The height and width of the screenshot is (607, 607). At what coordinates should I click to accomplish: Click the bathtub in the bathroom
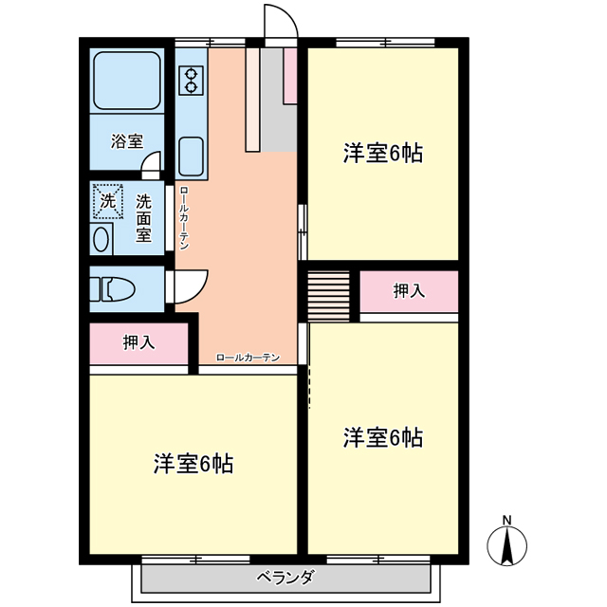[x=127, y=81]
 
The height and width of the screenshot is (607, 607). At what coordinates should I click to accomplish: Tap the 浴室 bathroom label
[x=127, y=141]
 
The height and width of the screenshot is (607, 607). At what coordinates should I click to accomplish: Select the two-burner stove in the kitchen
[x=192, y=81]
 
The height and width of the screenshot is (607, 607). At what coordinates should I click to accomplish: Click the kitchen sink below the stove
[x=192, y=156]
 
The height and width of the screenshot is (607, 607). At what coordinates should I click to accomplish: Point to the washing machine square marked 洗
[x=108, y=201]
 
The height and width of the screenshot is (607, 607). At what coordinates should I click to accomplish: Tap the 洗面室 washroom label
[x=143, y=218]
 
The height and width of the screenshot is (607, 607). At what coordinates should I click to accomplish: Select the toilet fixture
[x=112, y=288]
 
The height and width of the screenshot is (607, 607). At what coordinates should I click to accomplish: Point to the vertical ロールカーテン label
[x=184, y=218]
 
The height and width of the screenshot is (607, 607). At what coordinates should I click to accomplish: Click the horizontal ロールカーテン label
[x=248, y=358]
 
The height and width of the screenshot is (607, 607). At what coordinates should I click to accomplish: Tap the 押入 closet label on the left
[x=139, y=342]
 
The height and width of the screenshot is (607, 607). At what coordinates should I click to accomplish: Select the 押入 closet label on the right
[x=409, y=291]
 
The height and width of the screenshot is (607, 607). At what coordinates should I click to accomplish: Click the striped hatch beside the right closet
[x=329, y=295]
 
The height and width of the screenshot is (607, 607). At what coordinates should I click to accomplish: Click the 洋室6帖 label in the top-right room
[x=383, y=153]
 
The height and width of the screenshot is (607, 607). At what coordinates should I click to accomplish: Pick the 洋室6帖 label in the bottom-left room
[x=193, y=464]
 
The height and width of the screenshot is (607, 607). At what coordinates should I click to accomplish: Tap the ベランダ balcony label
[x=285, y=578]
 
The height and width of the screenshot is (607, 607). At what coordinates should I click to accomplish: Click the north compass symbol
[x=506, y=543]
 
